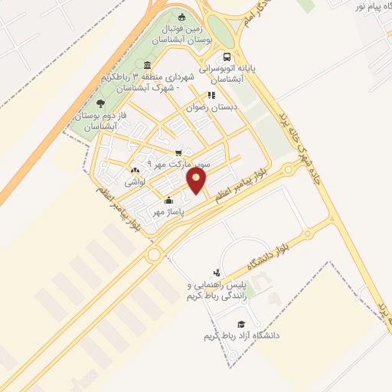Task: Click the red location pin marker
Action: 198,181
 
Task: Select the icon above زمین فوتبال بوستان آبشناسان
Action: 181,18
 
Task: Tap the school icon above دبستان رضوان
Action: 211,96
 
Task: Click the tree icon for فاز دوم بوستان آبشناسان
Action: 101,104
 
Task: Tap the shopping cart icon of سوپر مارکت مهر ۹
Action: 179,152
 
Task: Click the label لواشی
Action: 135,181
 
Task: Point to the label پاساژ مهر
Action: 170,211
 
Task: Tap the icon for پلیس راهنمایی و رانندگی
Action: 217,272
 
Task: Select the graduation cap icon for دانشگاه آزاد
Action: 242,324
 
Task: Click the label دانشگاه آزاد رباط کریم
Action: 241,336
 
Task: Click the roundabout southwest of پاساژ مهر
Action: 154,255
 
